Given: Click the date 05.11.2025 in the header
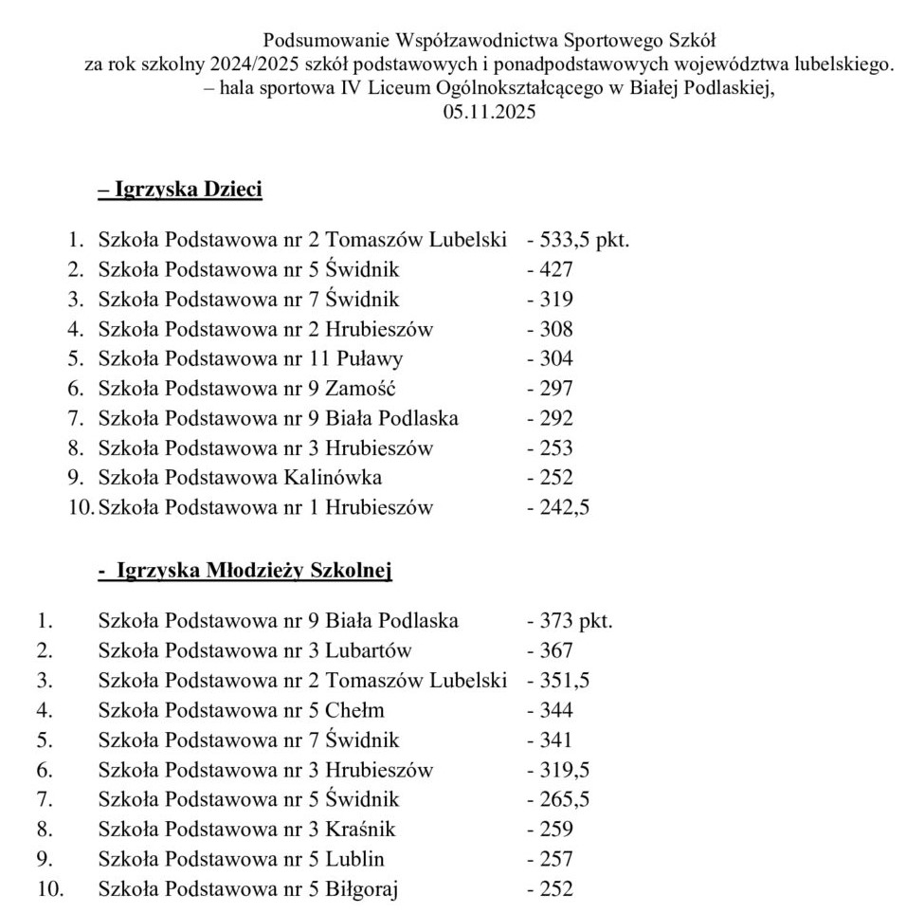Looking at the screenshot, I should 489,112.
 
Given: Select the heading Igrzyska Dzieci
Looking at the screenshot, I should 180,189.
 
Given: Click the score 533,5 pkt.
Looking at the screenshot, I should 579,240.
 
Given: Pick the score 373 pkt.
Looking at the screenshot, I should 571,621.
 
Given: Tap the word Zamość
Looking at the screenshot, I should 360,388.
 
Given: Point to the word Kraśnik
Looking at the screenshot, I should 360,829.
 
